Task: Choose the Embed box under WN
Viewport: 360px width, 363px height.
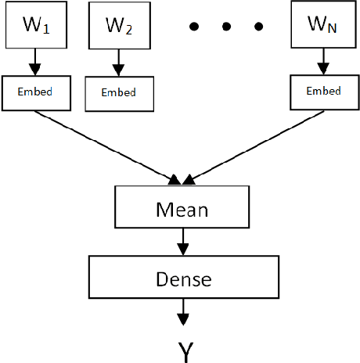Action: click(322, 92)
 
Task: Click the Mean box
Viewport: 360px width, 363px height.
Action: click(182, 210)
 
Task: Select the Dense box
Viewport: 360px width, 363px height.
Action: click(182, 277)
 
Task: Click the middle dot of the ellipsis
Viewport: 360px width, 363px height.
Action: click(225, 27)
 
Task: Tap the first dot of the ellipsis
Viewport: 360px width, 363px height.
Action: click(196, 27)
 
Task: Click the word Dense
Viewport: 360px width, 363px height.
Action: click(182, 277)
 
